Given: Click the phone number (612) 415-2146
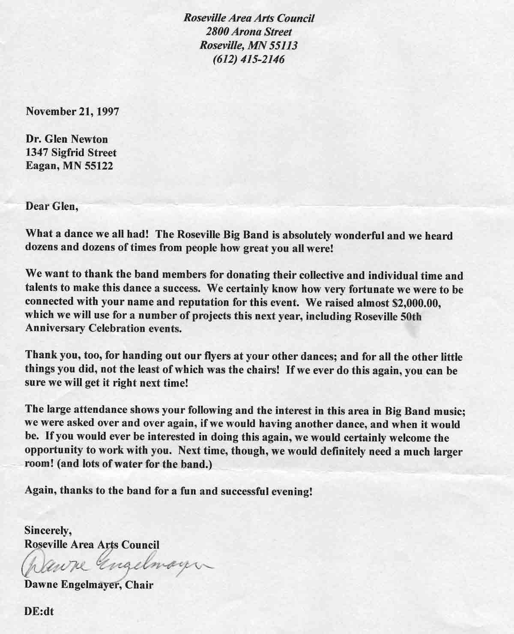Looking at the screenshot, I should click(x=248, y=59).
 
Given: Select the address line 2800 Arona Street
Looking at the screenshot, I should click(x=249, y=32).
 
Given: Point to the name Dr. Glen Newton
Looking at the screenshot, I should click(x=67, y=139).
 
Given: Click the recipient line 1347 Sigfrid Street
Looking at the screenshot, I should click(x=71, y=153).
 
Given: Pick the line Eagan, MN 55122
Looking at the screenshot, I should click(x=69, y=166).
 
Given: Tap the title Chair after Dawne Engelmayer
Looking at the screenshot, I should click(x=140, y=585).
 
